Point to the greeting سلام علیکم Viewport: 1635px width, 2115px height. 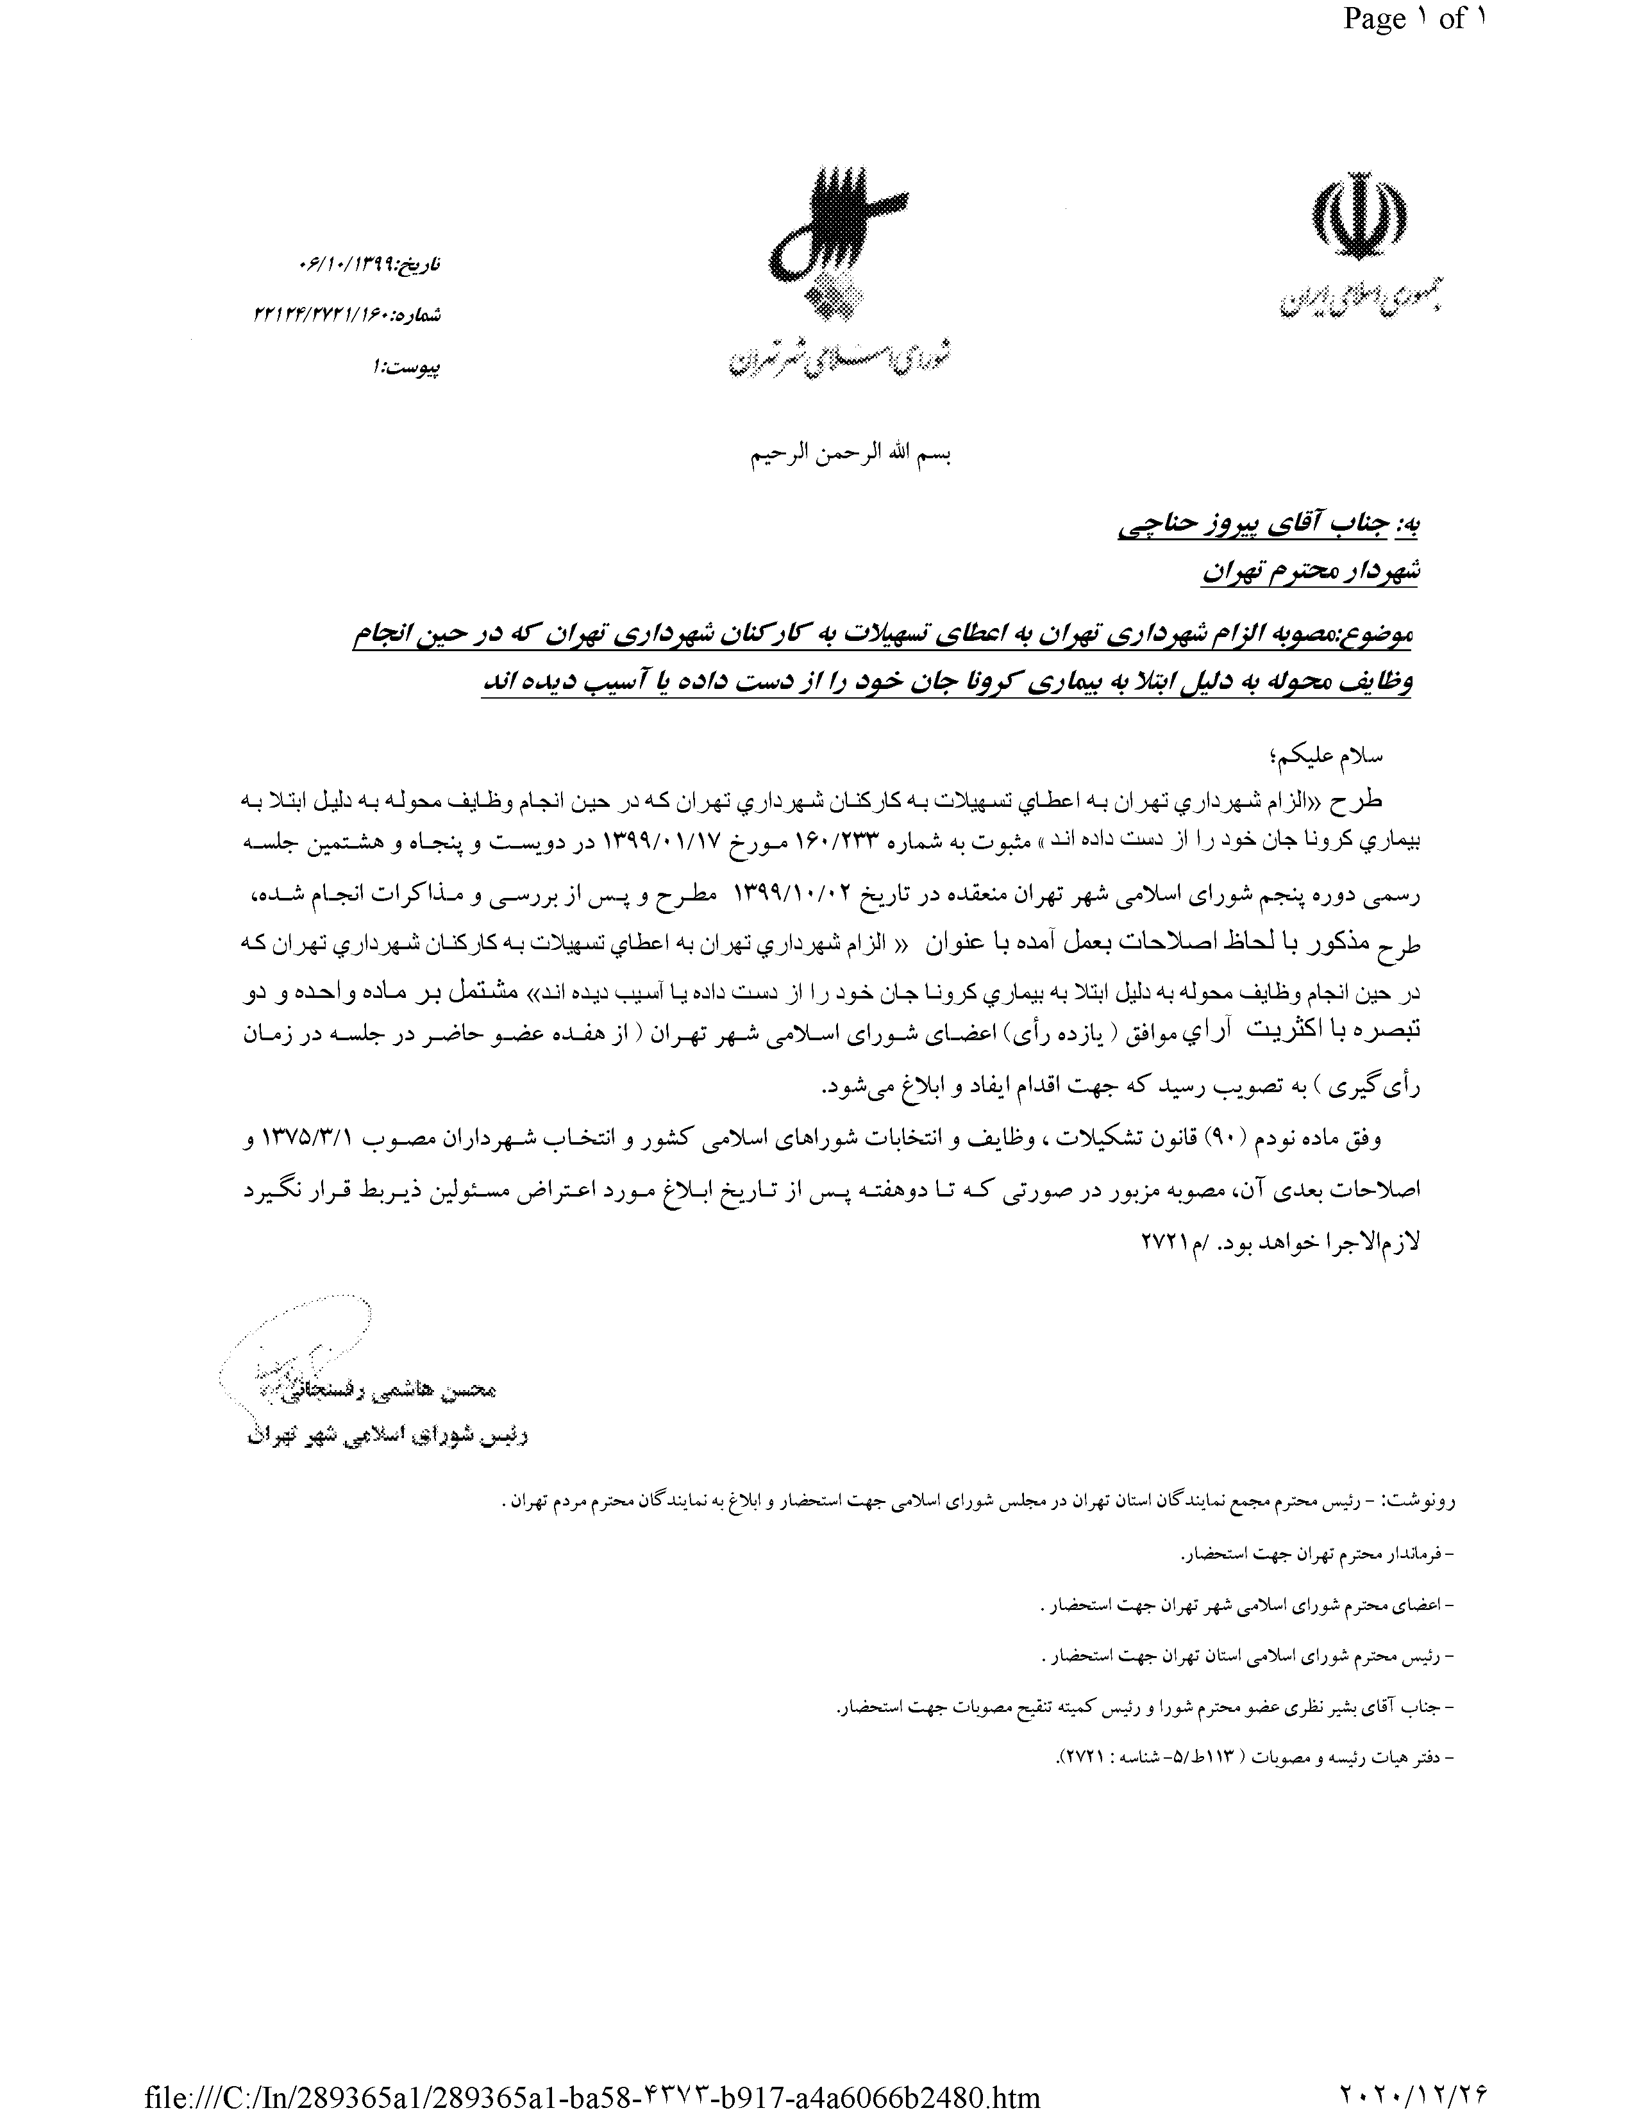(x=1375, y=756)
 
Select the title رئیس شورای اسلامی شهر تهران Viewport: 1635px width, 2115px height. (x=387, y=1436)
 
